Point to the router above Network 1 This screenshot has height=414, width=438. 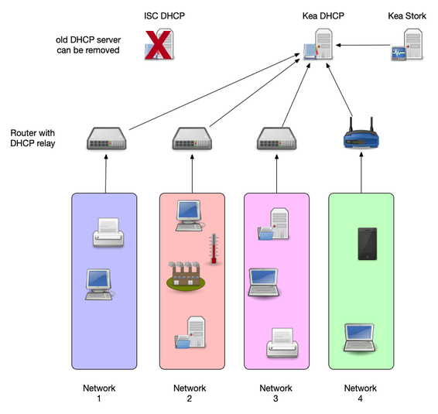(104, 138)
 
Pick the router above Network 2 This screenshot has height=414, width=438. (190, 138)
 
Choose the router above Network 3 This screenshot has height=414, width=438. (275, 138)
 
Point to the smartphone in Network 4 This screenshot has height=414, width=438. (366, 243)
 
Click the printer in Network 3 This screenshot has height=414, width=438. (281, 341)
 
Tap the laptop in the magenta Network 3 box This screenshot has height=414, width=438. (263, 282)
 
